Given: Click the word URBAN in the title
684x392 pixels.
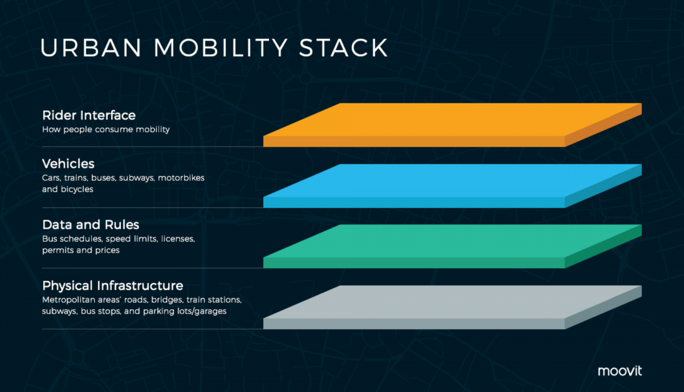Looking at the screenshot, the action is click(x=91, y=47).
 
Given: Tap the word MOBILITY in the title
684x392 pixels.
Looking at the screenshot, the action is click(x=221, y=47).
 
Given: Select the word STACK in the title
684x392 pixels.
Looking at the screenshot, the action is click(x=344, y=47).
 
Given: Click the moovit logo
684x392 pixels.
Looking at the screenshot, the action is click(x=620, y=371).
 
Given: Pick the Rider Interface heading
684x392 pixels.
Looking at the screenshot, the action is click(x=89, y=115).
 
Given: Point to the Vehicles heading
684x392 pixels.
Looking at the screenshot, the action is click(x=68, y=164).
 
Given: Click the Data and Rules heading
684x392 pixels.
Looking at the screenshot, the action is click(x=91, y=224).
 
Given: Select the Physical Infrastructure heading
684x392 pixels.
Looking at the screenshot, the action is click(x=113, y=286).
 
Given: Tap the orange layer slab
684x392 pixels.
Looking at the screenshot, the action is click(x=453, y=125).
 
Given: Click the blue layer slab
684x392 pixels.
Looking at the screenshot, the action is click(x=453, y=186).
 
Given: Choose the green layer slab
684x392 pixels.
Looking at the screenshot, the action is click(x=453, y=247).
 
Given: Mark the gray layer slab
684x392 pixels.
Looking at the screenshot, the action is click(x=453, y=308).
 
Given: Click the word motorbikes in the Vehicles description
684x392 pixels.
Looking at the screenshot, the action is click(x=181, y=178).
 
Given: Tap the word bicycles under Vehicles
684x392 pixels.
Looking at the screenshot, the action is click(x=77, y=190).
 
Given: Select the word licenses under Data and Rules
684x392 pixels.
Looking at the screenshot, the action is click(x=178, y=239).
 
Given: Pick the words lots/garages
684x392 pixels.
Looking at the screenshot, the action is click(x=206, y=312).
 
